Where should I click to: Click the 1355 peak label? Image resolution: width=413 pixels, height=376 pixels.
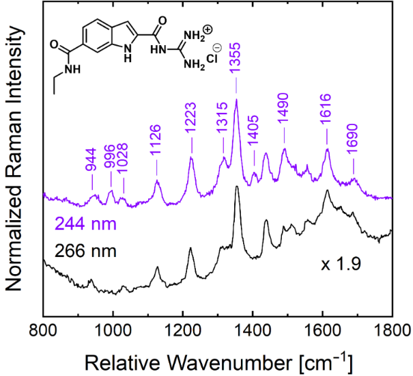236,68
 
